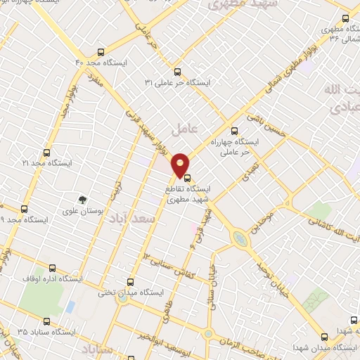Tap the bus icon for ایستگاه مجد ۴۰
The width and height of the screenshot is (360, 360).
[101, 52]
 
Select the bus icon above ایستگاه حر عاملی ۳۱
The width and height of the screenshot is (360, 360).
[176, 71]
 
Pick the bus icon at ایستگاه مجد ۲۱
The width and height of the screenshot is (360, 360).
[47, 152]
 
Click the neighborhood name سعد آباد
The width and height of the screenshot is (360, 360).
[131, 221]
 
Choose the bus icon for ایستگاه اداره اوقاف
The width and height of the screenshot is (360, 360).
[53, 268]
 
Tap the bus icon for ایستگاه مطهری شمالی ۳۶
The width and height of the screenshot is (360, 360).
[345, 18]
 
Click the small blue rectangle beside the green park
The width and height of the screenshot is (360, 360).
[70, 307]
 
